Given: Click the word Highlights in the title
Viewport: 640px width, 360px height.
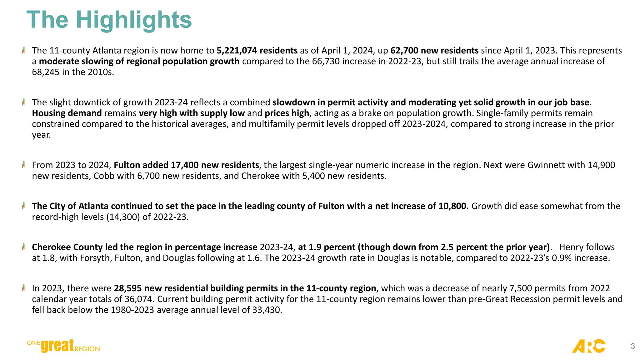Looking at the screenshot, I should tap(134, 20).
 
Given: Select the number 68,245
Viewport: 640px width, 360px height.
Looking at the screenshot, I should tap(46, 72).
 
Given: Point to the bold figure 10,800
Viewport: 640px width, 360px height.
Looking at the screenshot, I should tap(453, 206).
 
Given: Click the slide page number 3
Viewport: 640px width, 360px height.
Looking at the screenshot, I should tap(632, 346).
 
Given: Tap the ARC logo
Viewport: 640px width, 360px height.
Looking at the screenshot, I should tap(588, 346).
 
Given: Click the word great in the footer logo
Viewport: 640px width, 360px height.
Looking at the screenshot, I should tap(57, 346).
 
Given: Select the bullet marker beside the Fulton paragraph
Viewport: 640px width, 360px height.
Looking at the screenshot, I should tap(24, 165).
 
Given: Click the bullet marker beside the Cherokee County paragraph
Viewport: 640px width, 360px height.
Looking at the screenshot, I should tap(24, 247).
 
